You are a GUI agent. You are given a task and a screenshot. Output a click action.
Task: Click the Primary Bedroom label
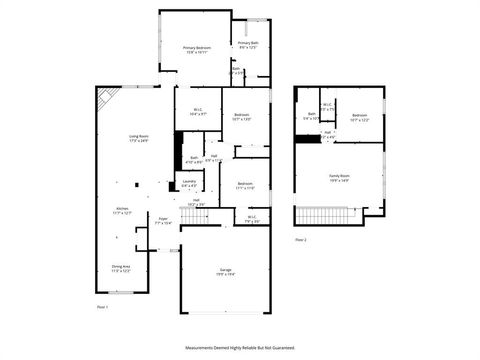[195, 49]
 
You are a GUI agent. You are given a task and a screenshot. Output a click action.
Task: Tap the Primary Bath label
[248, 45]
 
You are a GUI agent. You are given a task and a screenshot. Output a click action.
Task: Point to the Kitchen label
[122, 211]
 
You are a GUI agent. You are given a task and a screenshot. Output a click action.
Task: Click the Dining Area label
[120, 269]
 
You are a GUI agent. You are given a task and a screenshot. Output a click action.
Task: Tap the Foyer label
[163, 219]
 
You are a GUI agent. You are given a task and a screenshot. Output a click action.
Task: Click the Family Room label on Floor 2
[340, 178]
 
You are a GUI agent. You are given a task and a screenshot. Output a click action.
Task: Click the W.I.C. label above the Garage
[253, 218]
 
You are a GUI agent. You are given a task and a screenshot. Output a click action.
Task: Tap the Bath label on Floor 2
[312, 117]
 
